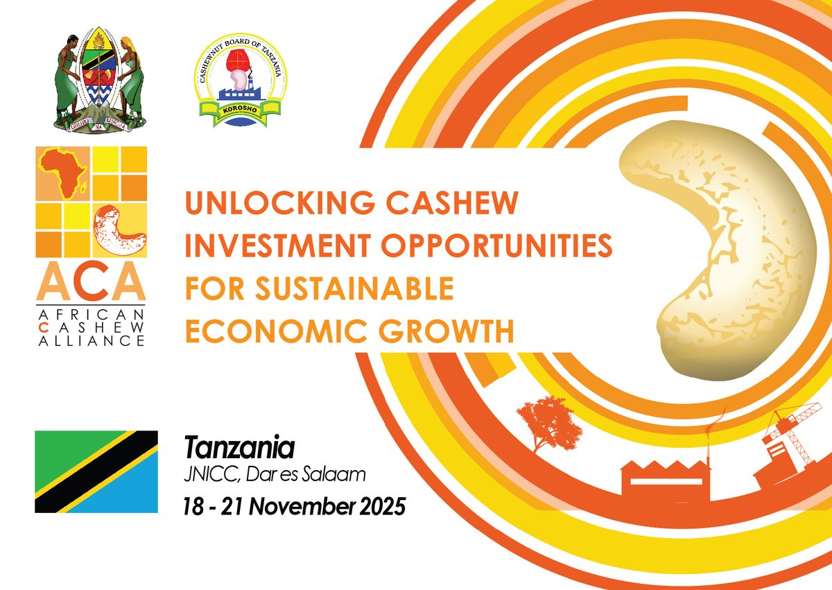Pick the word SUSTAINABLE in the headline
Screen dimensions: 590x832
351,289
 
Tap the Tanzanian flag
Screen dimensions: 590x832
97,471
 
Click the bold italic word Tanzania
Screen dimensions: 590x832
239,448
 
